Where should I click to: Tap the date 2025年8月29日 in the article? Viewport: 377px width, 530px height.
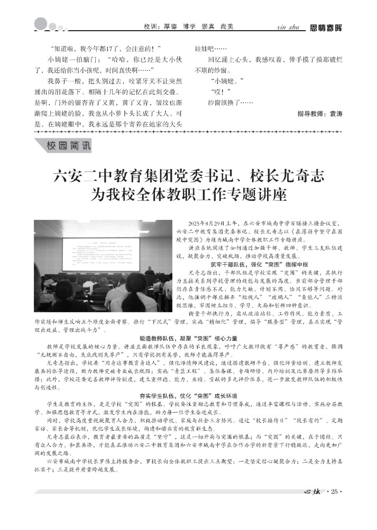[210, 225]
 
